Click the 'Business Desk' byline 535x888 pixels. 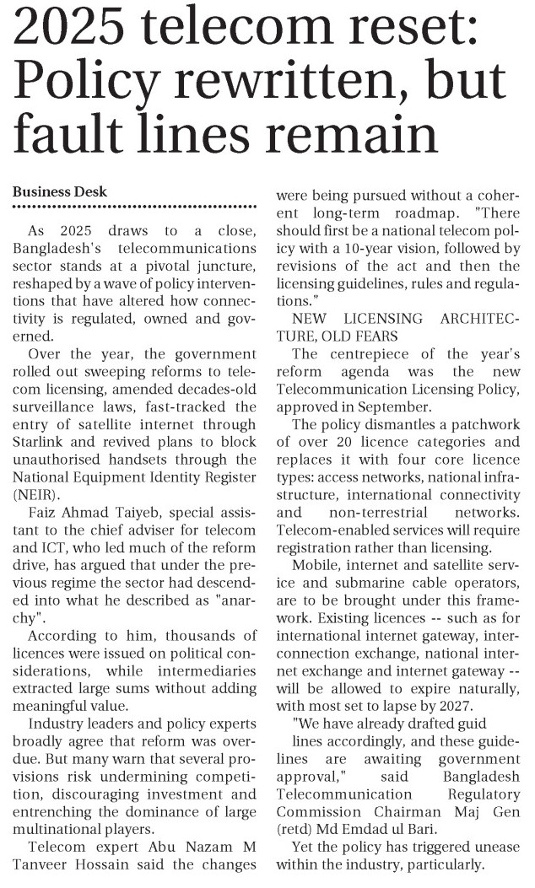pos(59,191)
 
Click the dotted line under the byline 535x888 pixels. pos(134,207)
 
